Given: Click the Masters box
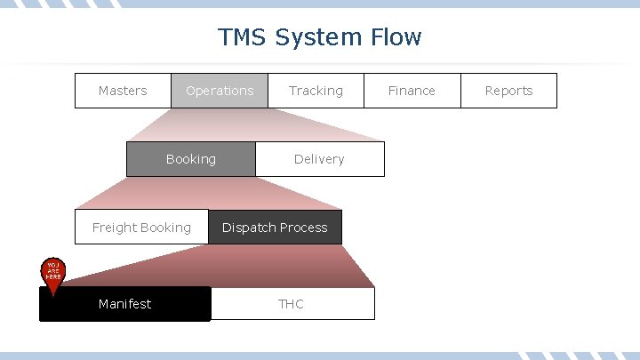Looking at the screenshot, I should pos(123,91).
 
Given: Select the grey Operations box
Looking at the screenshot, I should pos(220,91).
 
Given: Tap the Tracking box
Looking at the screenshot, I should pos(316,91).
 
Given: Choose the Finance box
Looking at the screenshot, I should pos(412,91).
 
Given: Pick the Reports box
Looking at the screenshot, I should pos(508,91).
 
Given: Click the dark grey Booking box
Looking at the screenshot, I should pos(190,159).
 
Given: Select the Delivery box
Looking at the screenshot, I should pos(319,159).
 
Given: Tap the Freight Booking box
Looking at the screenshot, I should pos(141,228).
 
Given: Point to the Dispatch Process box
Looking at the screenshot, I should pos(275,228).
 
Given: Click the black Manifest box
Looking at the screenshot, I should pos(125,304).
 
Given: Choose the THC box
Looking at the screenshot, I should pos(292,304).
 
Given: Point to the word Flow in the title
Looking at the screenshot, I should pos(397,37).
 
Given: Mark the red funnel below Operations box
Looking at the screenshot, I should pos(249,124).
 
